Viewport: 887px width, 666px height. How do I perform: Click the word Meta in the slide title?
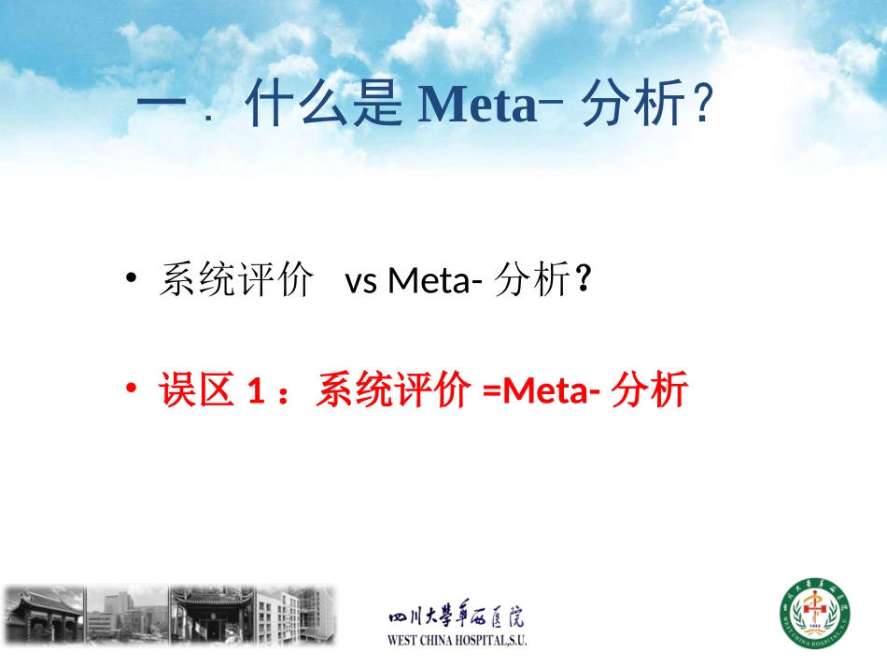pyautogui.click(x=476, y=107)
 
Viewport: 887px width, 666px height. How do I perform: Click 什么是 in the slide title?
pyautogui.click(x=325, y=107)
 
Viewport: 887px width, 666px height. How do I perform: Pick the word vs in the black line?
pyautogui.click(x=361, y=280)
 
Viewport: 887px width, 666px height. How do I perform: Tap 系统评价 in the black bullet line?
pyautogui.click(x=235, y=280)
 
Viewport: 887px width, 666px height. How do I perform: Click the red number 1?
pyautogui.click(x=253, y=390)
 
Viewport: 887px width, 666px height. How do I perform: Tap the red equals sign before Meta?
pyautogui.click(x=492, y=391)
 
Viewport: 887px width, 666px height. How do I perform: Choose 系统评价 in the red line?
pyautogui.click(x=392, y=390)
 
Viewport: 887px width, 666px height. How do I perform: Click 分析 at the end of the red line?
pyautogui.click(x=650, y=390)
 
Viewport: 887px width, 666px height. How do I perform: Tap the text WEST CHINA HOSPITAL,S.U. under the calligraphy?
pyautogui.click(x=457, y=642)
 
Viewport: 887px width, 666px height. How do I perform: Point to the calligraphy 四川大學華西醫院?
pyautogui.click(x=456, y=617)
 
